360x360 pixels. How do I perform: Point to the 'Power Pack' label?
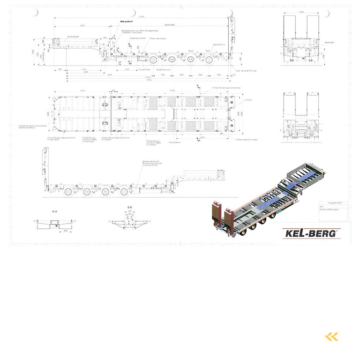[144, 68]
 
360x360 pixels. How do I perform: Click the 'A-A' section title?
[54, 212]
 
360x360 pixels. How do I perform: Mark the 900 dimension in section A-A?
[66, 231]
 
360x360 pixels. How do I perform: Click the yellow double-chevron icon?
[331, 336]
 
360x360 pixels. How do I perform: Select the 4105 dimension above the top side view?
[82, 25]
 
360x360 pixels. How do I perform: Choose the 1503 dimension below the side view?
[127, 68]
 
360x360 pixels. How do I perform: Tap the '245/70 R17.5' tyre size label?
[218, 45]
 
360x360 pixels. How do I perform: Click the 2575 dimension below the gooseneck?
[84, 68]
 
